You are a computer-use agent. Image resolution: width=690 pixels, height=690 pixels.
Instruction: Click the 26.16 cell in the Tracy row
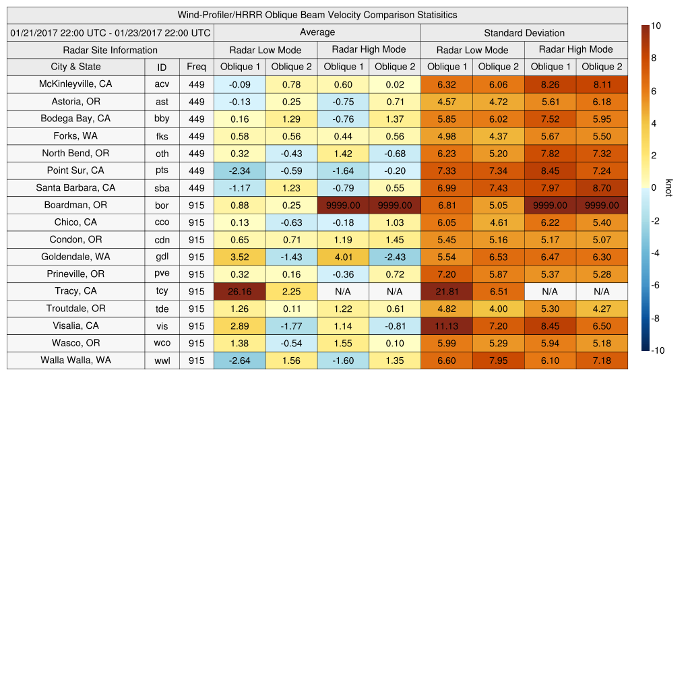[x=239, y=291]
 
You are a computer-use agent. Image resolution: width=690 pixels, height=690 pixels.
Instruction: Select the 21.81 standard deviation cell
[x=446, y=291]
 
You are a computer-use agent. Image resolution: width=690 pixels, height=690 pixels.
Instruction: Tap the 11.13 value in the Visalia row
[x=446, y=326]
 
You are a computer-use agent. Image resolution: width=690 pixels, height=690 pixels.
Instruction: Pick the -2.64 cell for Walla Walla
[x=239, y=360]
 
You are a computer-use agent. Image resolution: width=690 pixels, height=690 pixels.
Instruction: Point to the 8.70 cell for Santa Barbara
[x=602, y=188]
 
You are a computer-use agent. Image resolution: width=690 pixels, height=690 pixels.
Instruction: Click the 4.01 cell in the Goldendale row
[x=343, y=257]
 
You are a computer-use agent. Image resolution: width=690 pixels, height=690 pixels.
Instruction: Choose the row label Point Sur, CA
[x=75, y=170]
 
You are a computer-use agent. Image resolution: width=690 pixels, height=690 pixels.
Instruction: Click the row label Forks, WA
[x=75, y=136]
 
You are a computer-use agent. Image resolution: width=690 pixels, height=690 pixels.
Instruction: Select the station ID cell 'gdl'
[x=162, y=257]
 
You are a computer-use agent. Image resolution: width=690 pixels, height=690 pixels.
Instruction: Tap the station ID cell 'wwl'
[x=162, y=360]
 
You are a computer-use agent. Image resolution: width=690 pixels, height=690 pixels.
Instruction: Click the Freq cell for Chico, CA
[x=196, y=222]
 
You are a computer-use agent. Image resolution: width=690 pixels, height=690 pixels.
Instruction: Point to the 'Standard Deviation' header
[x=524, y=33]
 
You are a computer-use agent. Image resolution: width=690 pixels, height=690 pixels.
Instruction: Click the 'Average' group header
[x=317, y=32]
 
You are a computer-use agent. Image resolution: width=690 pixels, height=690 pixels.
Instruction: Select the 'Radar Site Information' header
[x=110, y=50]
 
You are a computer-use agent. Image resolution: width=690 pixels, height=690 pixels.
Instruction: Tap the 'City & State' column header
[x=75, y=67]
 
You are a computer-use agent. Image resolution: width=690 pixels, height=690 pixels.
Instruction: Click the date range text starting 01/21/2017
[x=110, y=33]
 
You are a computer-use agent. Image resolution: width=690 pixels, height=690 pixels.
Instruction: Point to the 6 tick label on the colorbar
[x=654, y=91]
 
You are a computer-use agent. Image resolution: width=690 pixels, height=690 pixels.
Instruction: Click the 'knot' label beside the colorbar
[x=668, y=187]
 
